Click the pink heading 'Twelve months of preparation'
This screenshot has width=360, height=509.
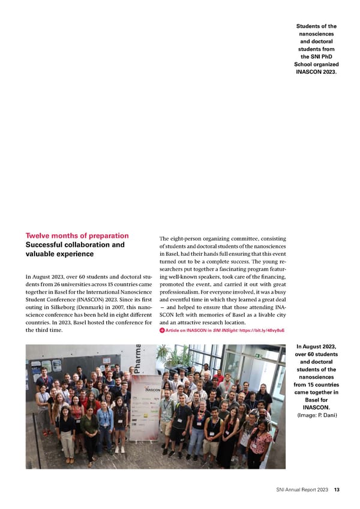pyautogui.click(x=77, y=235)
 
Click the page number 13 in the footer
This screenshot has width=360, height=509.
pyautogui.click(x=337, y=490)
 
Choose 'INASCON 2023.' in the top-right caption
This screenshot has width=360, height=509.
pyautogui.click(x=317, y=73)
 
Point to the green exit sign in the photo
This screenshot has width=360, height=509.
pyautogui.click(x=256, y=355)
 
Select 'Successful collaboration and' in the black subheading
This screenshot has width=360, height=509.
pyautogui.click(x=75, y=245)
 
